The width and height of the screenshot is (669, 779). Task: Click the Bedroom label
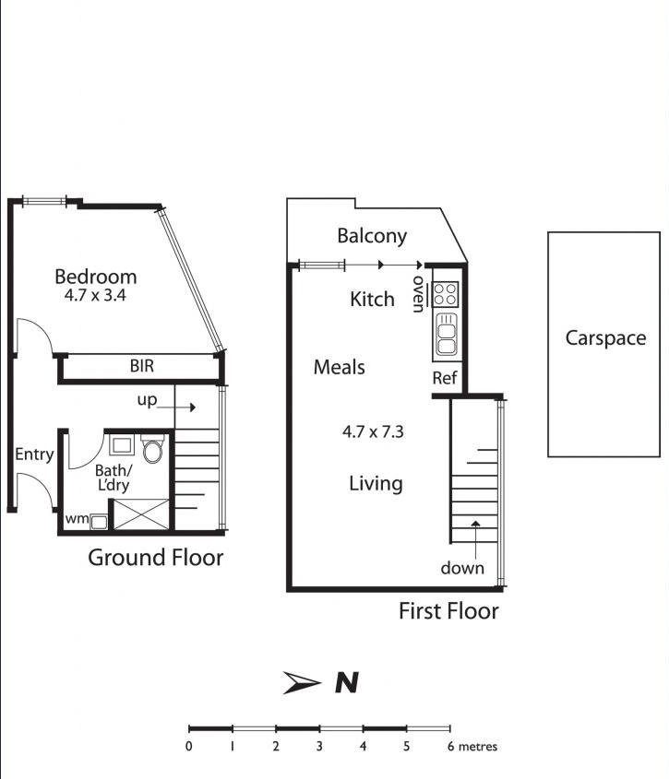(x=95, y=277)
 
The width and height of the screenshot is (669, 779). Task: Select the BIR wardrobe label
(x=141, y=366)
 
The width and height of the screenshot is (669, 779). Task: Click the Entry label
(x=34, y=454)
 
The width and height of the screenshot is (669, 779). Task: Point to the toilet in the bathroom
(x=152, y=450)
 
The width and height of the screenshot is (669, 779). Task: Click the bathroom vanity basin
(x=121, y=446)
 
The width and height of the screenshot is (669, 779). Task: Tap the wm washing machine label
(x=77, y=519)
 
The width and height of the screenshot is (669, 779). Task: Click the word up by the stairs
(x=147, y=400)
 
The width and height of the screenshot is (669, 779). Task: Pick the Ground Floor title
(x=155, y=558)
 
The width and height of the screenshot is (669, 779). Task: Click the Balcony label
(x=371, y=236)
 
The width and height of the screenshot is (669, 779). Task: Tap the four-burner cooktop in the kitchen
(x=446, y=293)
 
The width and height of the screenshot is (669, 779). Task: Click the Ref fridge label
(x=444, y=379)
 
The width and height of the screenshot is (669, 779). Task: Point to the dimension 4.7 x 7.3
(x=373, y=431)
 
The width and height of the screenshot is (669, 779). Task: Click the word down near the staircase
(x=461, y=568)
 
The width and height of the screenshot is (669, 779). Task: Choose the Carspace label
(x=605, y=338)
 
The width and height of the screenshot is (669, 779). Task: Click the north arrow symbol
(x=303, y=683)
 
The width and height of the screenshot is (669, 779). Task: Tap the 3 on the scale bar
(x=319, y=747)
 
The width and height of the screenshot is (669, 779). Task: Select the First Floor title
(x=448, y=610)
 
